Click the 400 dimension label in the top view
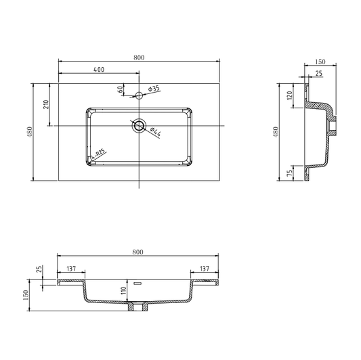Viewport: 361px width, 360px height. (99, 69)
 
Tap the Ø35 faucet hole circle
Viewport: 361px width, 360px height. (139, 95)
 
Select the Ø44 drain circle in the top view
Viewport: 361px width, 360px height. (139, 126)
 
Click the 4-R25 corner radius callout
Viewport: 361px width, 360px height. (98, 154)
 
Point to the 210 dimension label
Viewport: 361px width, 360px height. (46, 104)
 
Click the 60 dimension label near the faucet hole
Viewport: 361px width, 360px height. (120, 89)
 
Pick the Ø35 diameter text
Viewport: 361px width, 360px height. (154, 89)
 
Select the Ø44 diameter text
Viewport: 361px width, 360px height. (156, 132)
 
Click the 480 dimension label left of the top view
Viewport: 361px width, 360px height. (30, 132)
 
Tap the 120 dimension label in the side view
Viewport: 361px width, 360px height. (290, 95)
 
